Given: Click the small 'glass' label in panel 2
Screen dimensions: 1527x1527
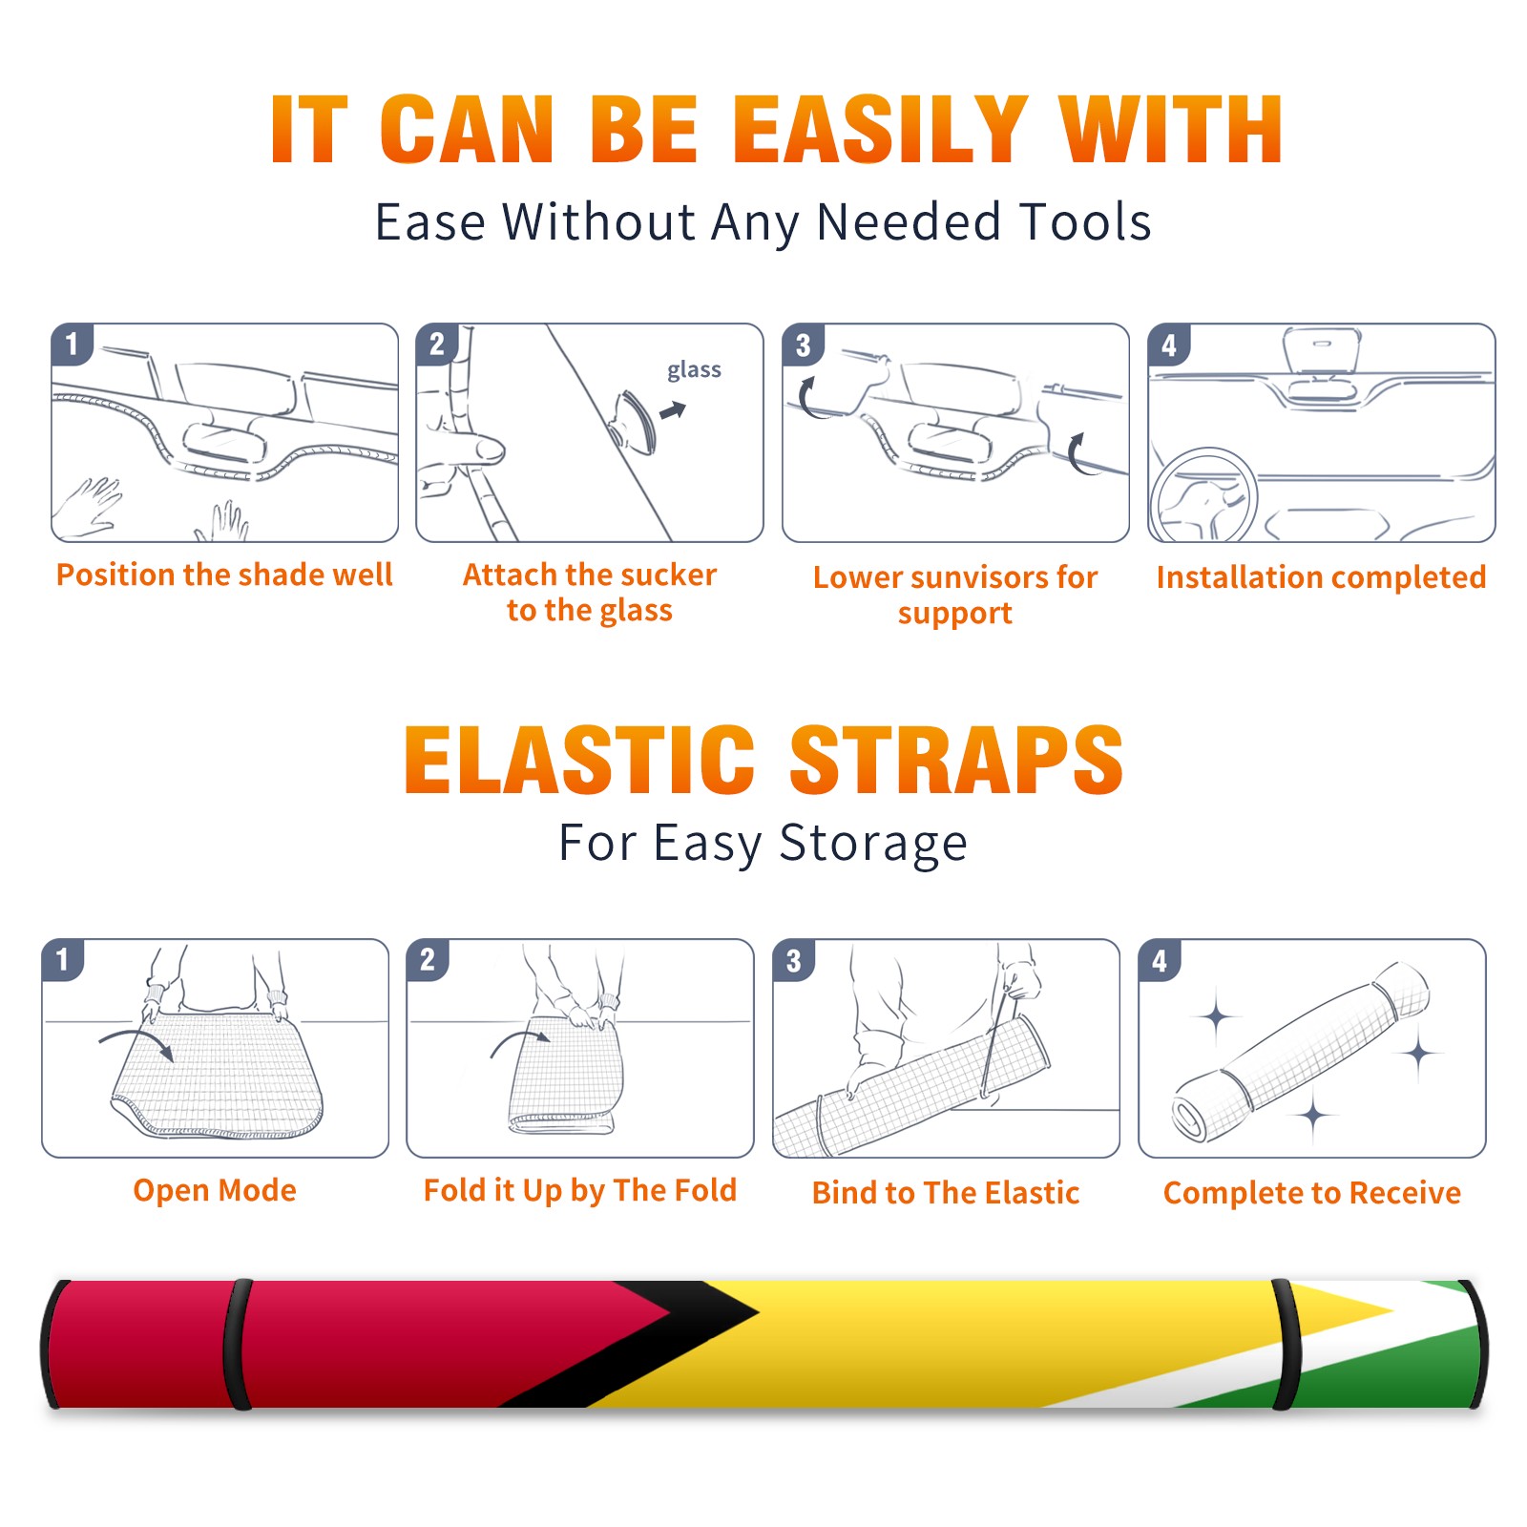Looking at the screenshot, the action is tap(694, 370).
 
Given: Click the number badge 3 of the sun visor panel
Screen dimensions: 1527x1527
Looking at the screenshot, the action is tap(803, 345).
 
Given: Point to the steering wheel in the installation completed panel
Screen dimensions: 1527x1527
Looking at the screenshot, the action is tap(1203, 496).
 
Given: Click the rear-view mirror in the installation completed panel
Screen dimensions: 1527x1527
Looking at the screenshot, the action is tap(1322, 351).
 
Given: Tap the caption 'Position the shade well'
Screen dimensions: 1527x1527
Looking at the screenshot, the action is tap(224, 575).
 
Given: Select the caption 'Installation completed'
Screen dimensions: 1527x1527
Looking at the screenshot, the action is tap(1321, 577).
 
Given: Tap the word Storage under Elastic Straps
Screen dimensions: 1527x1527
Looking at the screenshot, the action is tap(873, 845).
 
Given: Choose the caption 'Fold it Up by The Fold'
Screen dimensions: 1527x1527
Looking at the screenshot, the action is tap(580, 1191).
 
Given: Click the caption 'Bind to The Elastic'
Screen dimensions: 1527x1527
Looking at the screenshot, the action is tap(946, 1193).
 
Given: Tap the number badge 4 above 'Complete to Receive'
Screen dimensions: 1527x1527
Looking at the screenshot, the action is tap(1160, 960).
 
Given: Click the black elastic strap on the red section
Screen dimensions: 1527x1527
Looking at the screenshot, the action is tap(239, 1344).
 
